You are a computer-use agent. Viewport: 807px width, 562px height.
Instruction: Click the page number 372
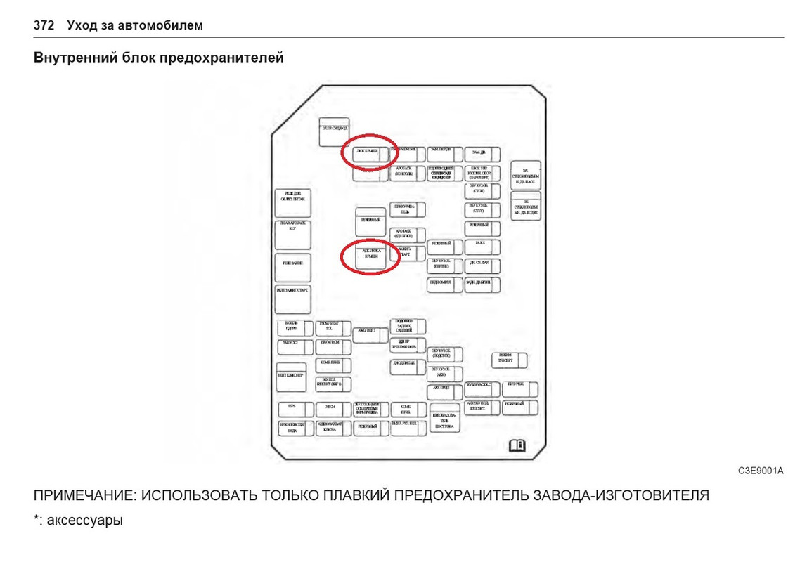click(x=44, y=25)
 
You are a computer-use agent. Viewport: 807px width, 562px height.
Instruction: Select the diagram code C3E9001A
click(x=760, y=471)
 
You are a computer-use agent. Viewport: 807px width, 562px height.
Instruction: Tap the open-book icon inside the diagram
click(x=517, y=445)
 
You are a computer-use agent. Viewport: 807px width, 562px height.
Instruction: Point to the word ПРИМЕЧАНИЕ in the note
click(x=83, y=495)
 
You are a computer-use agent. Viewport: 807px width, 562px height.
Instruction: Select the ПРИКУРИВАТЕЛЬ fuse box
click(x=408, y=209)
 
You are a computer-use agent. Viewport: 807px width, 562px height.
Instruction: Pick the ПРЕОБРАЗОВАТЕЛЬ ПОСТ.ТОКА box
click(x=445, y=419)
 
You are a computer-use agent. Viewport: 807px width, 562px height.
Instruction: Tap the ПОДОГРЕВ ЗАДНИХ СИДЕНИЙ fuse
click(x=408, y=326)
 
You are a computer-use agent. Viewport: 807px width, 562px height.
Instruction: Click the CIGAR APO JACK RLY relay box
click(x=292, y=235)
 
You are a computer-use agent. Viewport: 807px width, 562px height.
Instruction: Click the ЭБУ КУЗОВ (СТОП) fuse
click(x=482, y=190)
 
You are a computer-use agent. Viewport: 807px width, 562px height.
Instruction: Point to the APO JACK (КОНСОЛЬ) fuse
click(x=408, y=173)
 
